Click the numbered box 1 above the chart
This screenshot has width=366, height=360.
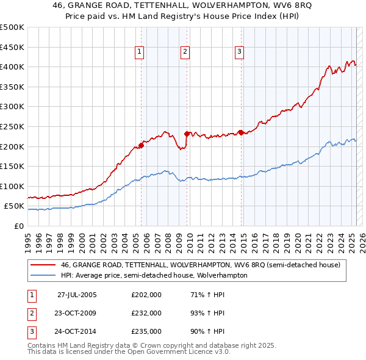(x=140, y=52)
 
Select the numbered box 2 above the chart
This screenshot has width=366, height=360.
(x=184, y=52)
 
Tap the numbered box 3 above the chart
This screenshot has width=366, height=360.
(x=240, y=52)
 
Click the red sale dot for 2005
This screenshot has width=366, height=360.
(x=141, y=145)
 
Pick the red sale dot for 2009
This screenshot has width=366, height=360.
(x=187, y=133)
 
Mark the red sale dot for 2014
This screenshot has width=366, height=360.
(x=241, y=132)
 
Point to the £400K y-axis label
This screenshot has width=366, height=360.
(x=12, y=67)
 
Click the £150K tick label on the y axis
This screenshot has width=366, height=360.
(x=12, y=166)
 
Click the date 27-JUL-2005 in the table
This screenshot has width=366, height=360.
(x=77, y=295)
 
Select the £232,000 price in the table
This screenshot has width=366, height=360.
(x=146, y=313)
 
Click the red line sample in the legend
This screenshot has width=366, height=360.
(x=42, y=265)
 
